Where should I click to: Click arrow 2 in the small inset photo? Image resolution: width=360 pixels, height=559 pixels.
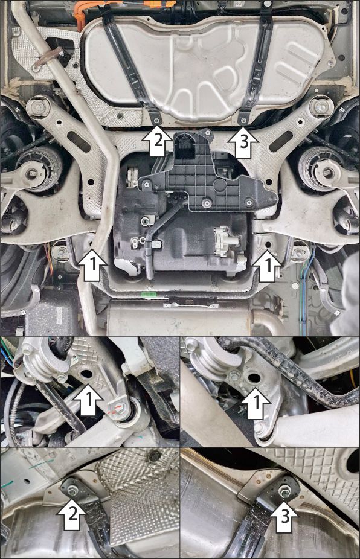click(x=72, y=514)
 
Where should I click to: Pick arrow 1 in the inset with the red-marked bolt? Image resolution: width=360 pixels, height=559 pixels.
click(x=89, y=400)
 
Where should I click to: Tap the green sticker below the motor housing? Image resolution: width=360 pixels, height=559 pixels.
click(x=146, y=295)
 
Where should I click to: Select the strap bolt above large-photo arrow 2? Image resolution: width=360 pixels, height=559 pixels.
click(x=156, y=121)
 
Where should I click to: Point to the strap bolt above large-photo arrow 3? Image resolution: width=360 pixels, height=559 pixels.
click(x=243, y=120)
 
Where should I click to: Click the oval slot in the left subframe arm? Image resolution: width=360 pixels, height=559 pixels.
click(x=79, y=141)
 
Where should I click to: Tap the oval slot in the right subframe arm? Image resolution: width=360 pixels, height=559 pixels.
click(x=282, y=141)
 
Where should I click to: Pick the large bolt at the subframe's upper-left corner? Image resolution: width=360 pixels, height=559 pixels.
click(x=38, y=107)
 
